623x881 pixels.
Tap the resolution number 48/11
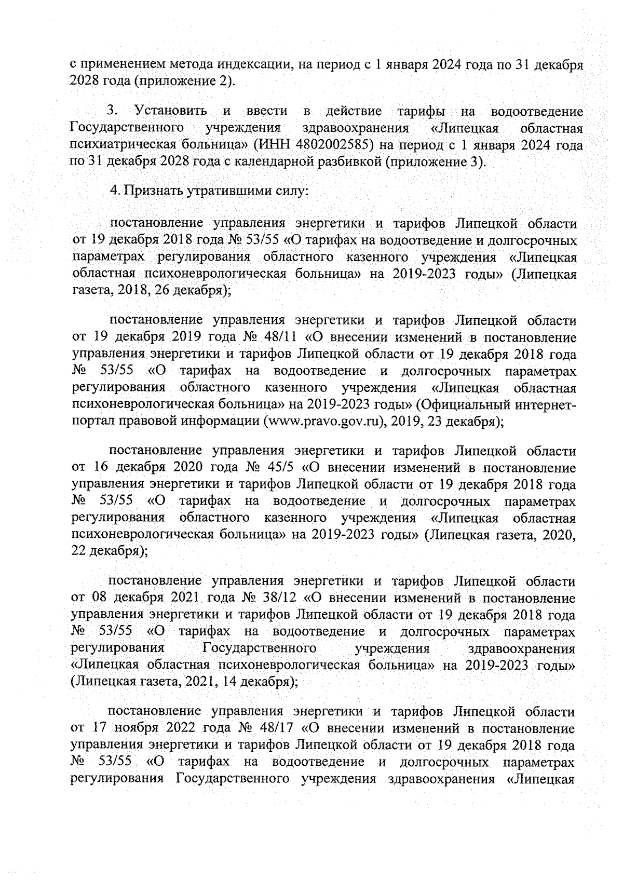coord(280,338)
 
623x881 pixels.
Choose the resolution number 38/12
coord(280,599)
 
